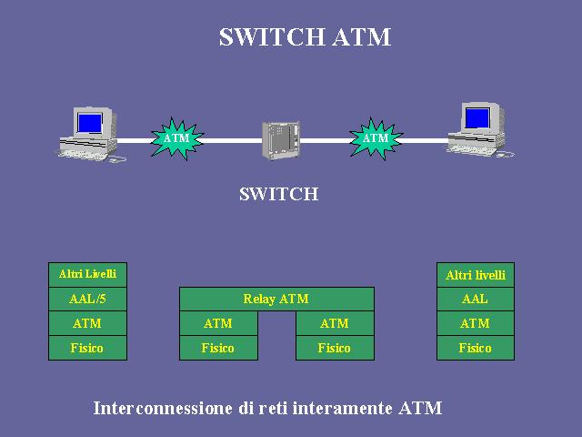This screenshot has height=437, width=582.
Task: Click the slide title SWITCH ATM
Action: click(305, 37)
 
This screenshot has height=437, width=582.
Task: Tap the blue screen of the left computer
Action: click(89, 123)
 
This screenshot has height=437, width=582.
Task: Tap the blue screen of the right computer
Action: click(477, 118)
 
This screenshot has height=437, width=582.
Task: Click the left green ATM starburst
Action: click(177, 138)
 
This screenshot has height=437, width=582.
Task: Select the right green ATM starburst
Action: click(376, 138)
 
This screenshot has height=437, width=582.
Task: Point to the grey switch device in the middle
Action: click(281, 140)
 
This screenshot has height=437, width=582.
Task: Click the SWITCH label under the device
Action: click(279, 194)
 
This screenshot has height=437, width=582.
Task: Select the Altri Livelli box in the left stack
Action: click(87, 275)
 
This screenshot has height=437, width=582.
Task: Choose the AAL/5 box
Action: click(87, 299)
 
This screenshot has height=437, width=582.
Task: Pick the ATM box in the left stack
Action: click(87, 323)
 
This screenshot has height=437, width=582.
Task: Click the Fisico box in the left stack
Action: click(87, 348)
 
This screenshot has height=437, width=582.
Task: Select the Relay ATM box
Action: click(276, 299)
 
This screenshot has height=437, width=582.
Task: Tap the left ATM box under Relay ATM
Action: click(218, 323)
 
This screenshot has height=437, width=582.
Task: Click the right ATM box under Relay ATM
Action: click(335, 323)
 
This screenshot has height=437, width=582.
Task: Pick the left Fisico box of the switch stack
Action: click(218, 348)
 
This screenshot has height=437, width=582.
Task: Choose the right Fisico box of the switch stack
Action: click(335, 348)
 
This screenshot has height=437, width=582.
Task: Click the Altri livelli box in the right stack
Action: click(476, 275)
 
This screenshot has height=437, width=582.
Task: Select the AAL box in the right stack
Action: click(476, 300)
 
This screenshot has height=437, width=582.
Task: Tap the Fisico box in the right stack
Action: click(476, 348)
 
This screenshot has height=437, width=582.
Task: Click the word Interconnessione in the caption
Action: click(163, 408)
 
